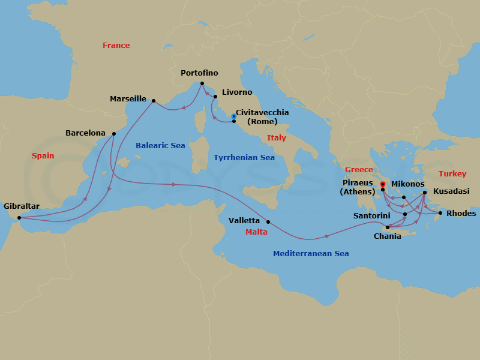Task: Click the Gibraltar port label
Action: point(22,206)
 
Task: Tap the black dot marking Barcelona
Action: point(113,134)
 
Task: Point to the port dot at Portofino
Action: point(202,83)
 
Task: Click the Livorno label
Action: point(237,92)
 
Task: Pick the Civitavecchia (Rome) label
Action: point(262,117)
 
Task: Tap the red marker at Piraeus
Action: point(383,184)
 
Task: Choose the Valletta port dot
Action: point(268,222)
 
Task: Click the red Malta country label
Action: point(257,232)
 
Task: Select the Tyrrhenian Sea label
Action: point(244,158)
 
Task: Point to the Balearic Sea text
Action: point(160,146)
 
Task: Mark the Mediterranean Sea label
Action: point(311,254)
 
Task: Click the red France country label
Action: point(116,46)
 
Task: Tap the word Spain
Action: point(43,156)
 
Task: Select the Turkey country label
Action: point(452,174)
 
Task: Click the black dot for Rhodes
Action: point(440,213)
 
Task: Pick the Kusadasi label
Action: point(451,191)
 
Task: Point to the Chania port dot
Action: point(388,227)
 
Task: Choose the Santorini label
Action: point(372,215)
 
